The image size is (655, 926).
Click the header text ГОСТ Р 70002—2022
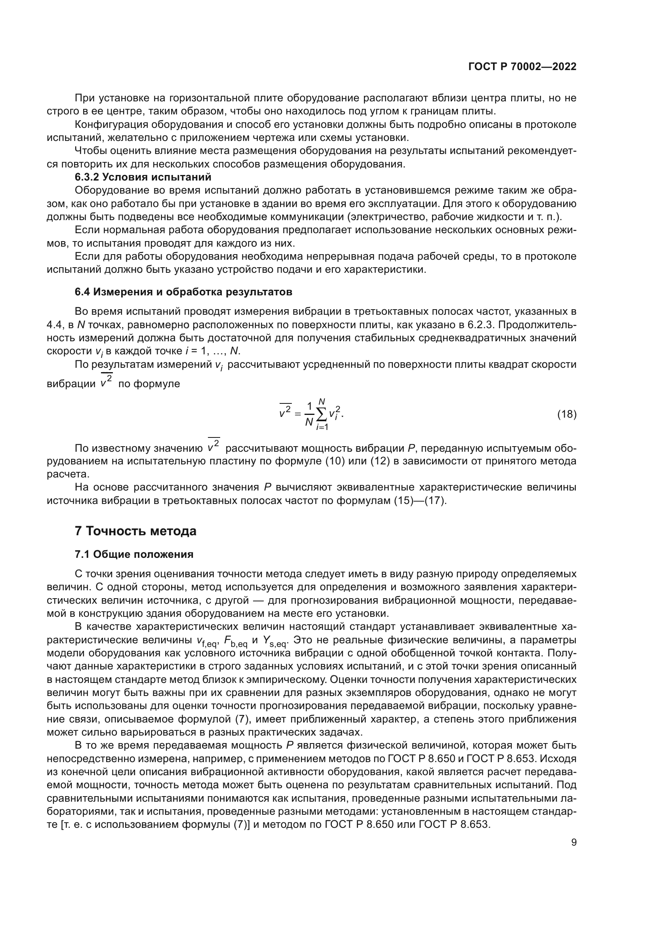tap(522, 67)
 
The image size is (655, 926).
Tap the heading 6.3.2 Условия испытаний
tap(143, 177)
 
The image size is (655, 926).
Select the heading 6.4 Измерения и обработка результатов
tap(183, 292)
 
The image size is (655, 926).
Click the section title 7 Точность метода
tap(135, 531)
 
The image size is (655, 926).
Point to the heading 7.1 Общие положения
tap(134, 554)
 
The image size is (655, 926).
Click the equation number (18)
tap(567, 414)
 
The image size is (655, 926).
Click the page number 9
tap(573, 842)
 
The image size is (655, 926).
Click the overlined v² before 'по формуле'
tap(107, 382)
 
